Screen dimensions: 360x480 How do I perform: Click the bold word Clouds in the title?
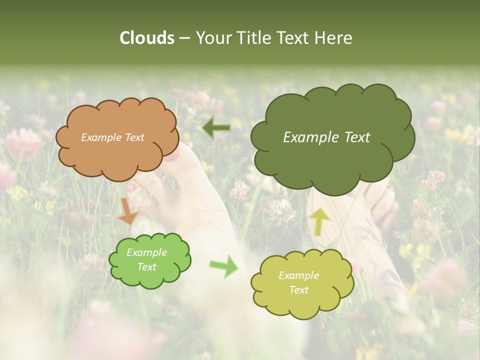(x=146, y=38)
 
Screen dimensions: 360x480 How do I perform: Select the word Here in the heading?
(x=334, y=38)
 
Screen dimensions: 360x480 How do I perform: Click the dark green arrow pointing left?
(x=216, y=128)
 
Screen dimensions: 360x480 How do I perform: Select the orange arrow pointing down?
(x=127, y=210)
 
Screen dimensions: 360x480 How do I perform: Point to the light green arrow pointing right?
(x=224, y=266)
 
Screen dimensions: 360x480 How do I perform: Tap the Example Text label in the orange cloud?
(x=112, y=137)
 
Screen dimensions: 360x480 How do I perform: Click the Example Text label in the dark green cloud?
(x=326, y=137)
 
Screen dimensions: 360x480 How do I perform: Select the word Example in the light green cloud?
(x=146, y=253)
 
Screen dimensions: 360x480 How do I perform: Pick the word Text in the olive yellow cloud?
(x=298, y=290)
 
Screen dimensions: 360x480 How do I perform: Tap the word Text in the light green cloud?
(x=146, y=267)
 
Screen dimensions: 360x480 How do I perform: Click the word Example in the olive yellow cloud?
(x=298, y=275)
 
